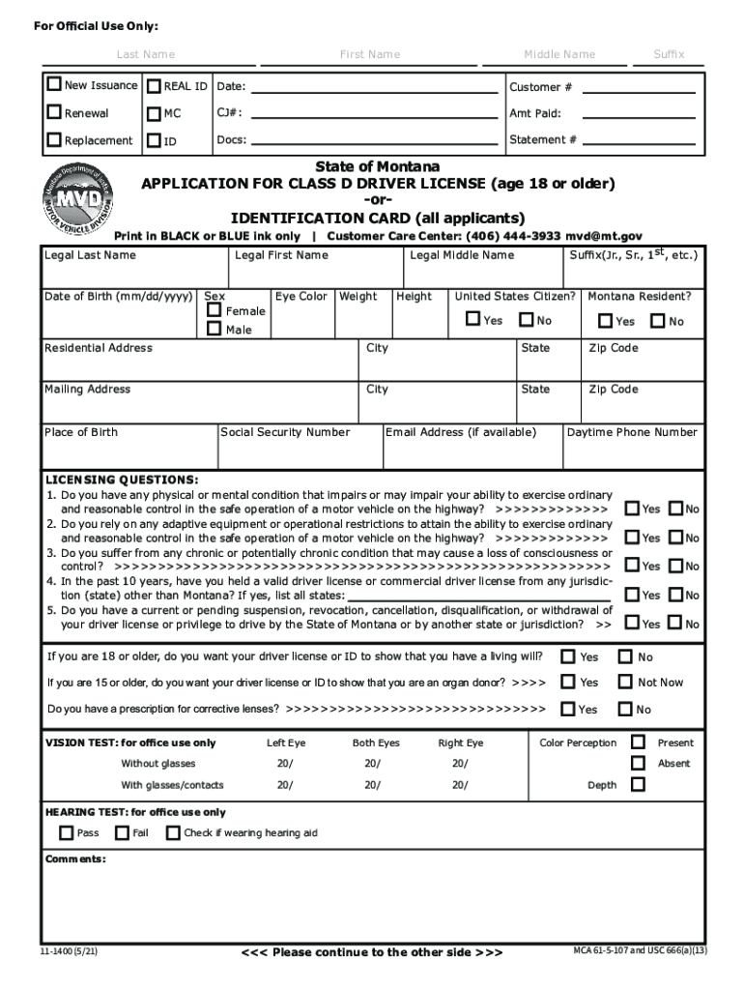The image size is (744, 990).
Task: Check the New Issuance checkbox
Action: [x=55, y=86]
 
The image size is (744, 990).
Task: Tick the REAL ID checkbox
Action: [x=155, y=87]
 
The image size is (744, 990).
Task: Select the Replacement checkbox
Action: [x=55, y=141]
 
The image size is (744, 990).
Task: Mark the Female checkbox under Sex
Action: [x=215, y=311]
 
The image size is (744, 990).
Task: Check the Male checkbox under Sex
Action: [x=215, y=330]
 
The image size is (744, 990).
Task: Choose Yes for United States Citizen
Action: [x=473, y=320]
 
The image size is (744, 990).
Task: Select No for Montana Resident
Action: [x=658, y=321]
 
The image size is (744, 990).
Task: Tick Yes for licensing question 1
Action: [x=632, y=509]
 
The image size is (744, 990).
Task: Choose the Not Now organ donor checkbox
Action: [x=625, y=682]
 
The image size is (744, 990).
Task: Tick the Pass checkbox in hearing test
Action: [x=66, y=832]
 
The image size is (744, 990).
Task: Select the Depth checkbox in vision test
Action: [x=638, y=784]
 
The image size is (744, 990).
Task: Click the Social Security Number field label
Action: [x=285, y=432]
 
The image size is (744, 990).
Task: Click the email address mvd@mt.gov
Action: [x=604, y=236]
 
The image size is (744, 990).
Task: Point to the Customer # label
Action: [x=540, y=87]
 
